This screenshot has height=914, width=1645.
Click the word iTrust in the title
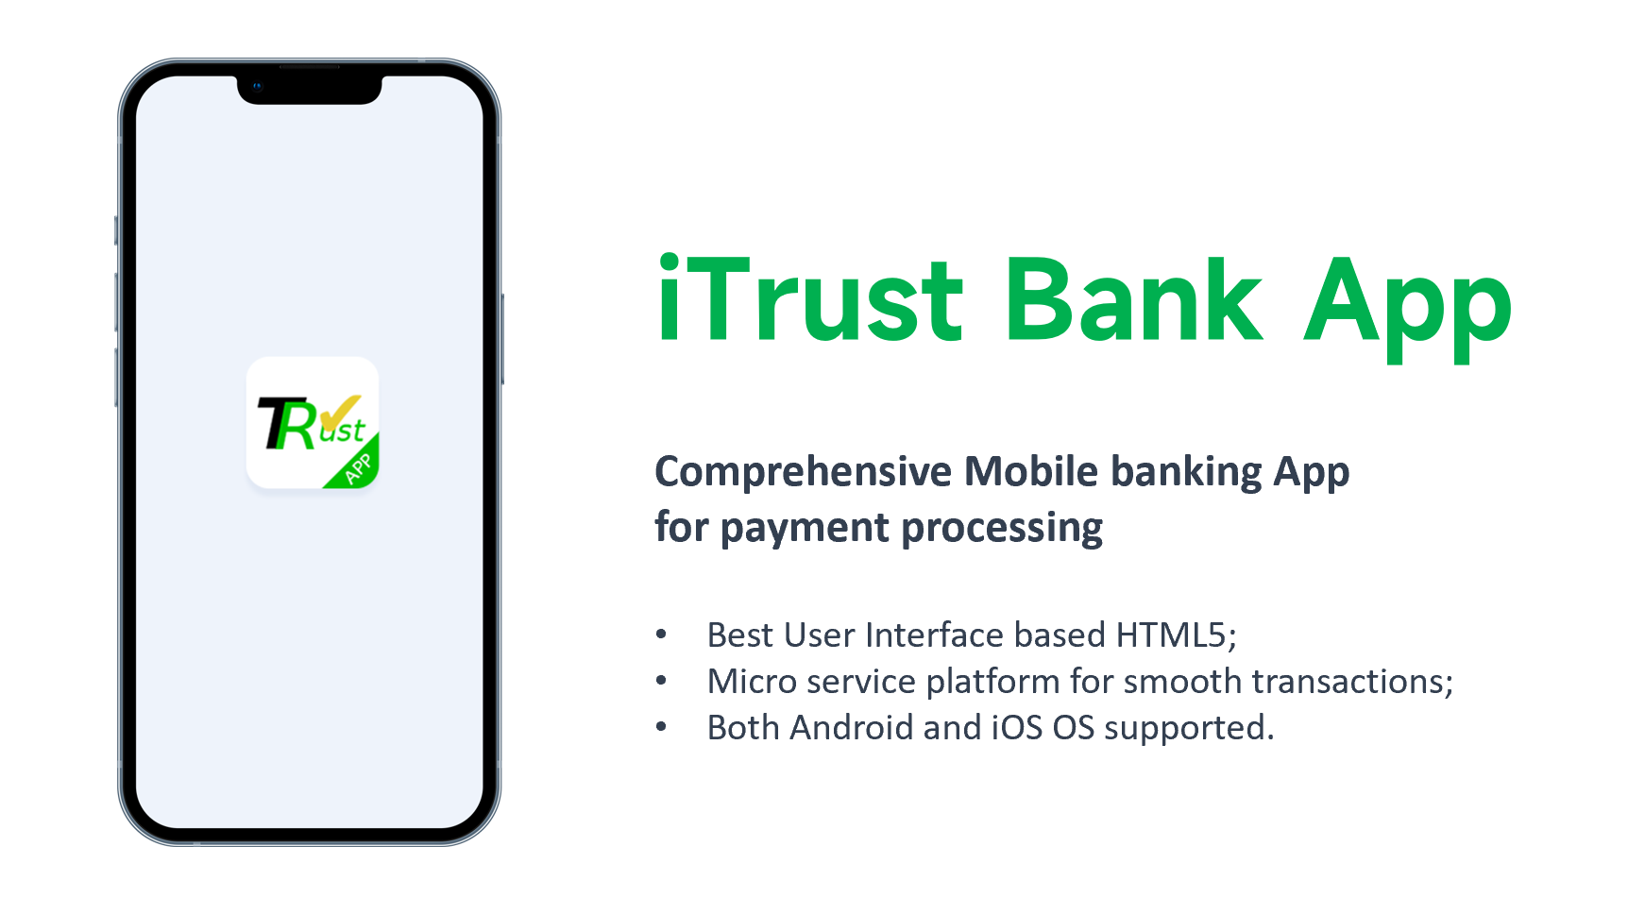[x=810, y=297]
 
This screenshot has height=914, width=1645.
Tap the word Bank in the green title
[x=1134, y=298]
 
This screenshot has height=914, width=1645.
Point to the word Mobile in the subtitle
[x=1031, y=470]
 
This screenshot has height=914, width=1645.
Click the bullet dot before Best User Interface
[x=662, y=635]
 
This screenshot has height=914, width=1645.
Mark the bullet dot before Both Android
[x=662, y=727]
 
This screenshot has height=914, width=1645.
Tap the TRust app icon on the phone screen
[x=313, y=423]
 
